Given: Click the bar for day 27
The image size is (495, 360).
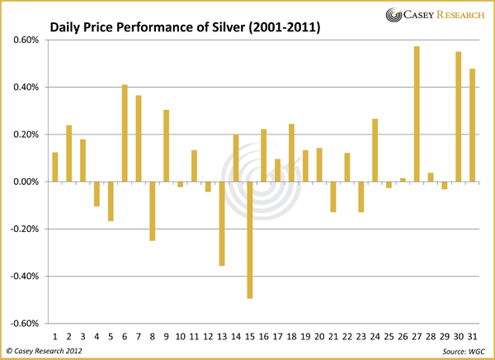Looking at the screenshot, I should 417,114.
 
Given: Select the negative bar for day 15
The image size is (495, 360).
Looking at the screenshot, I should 250,239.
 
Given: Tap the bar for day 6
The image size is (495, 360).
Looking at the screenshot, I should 125,133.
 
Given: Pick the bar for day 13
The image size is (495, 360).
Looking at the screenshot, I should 222,223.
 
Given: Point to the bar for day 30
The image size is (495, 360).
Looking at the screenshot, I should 458,116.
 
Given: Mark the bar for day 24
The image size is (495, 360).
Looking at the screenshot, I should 375,150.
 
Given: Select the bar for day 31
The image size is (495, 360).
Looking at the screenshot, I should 472,125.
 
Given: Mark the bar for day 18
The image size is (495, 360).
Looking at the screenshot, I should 291,153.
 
